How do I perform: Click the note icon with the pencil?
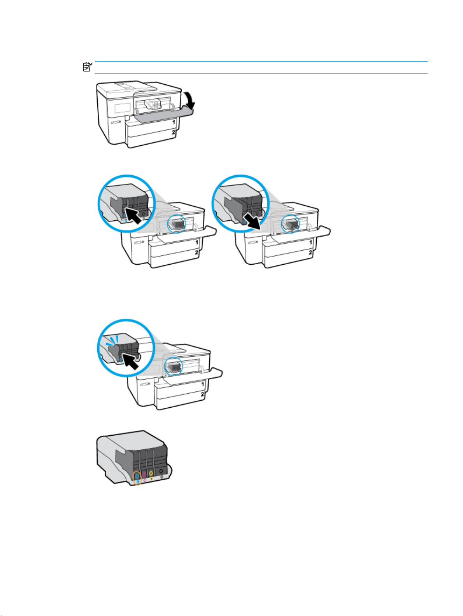(x=88, y=67)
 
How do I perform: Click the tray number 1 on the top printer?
(x=174, y=122)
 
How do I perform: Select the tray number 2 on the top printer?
(x=174, y=132)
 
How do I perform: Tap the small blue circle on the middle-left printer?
(x=176, y=224)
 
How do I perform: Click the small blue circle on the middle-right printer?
(x=291, y=224)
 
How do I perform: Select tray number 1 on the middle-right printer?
(x=311, y=242)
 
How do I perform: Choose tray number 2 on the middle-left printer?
(x=196, y=252)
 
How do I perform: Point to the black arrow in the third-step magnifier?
(x=130, y=361)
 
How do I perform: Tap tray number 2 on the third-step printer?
(x=202, y=394)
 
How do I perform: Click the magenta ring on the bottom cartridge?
(x=144, y=475)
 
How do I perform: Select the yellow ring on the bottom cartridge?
(x=151, y=473)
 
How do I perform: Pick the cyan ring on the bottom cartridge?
(x=137, y=476)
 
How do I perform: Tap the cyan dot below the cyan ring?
(x=138, y=481)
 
